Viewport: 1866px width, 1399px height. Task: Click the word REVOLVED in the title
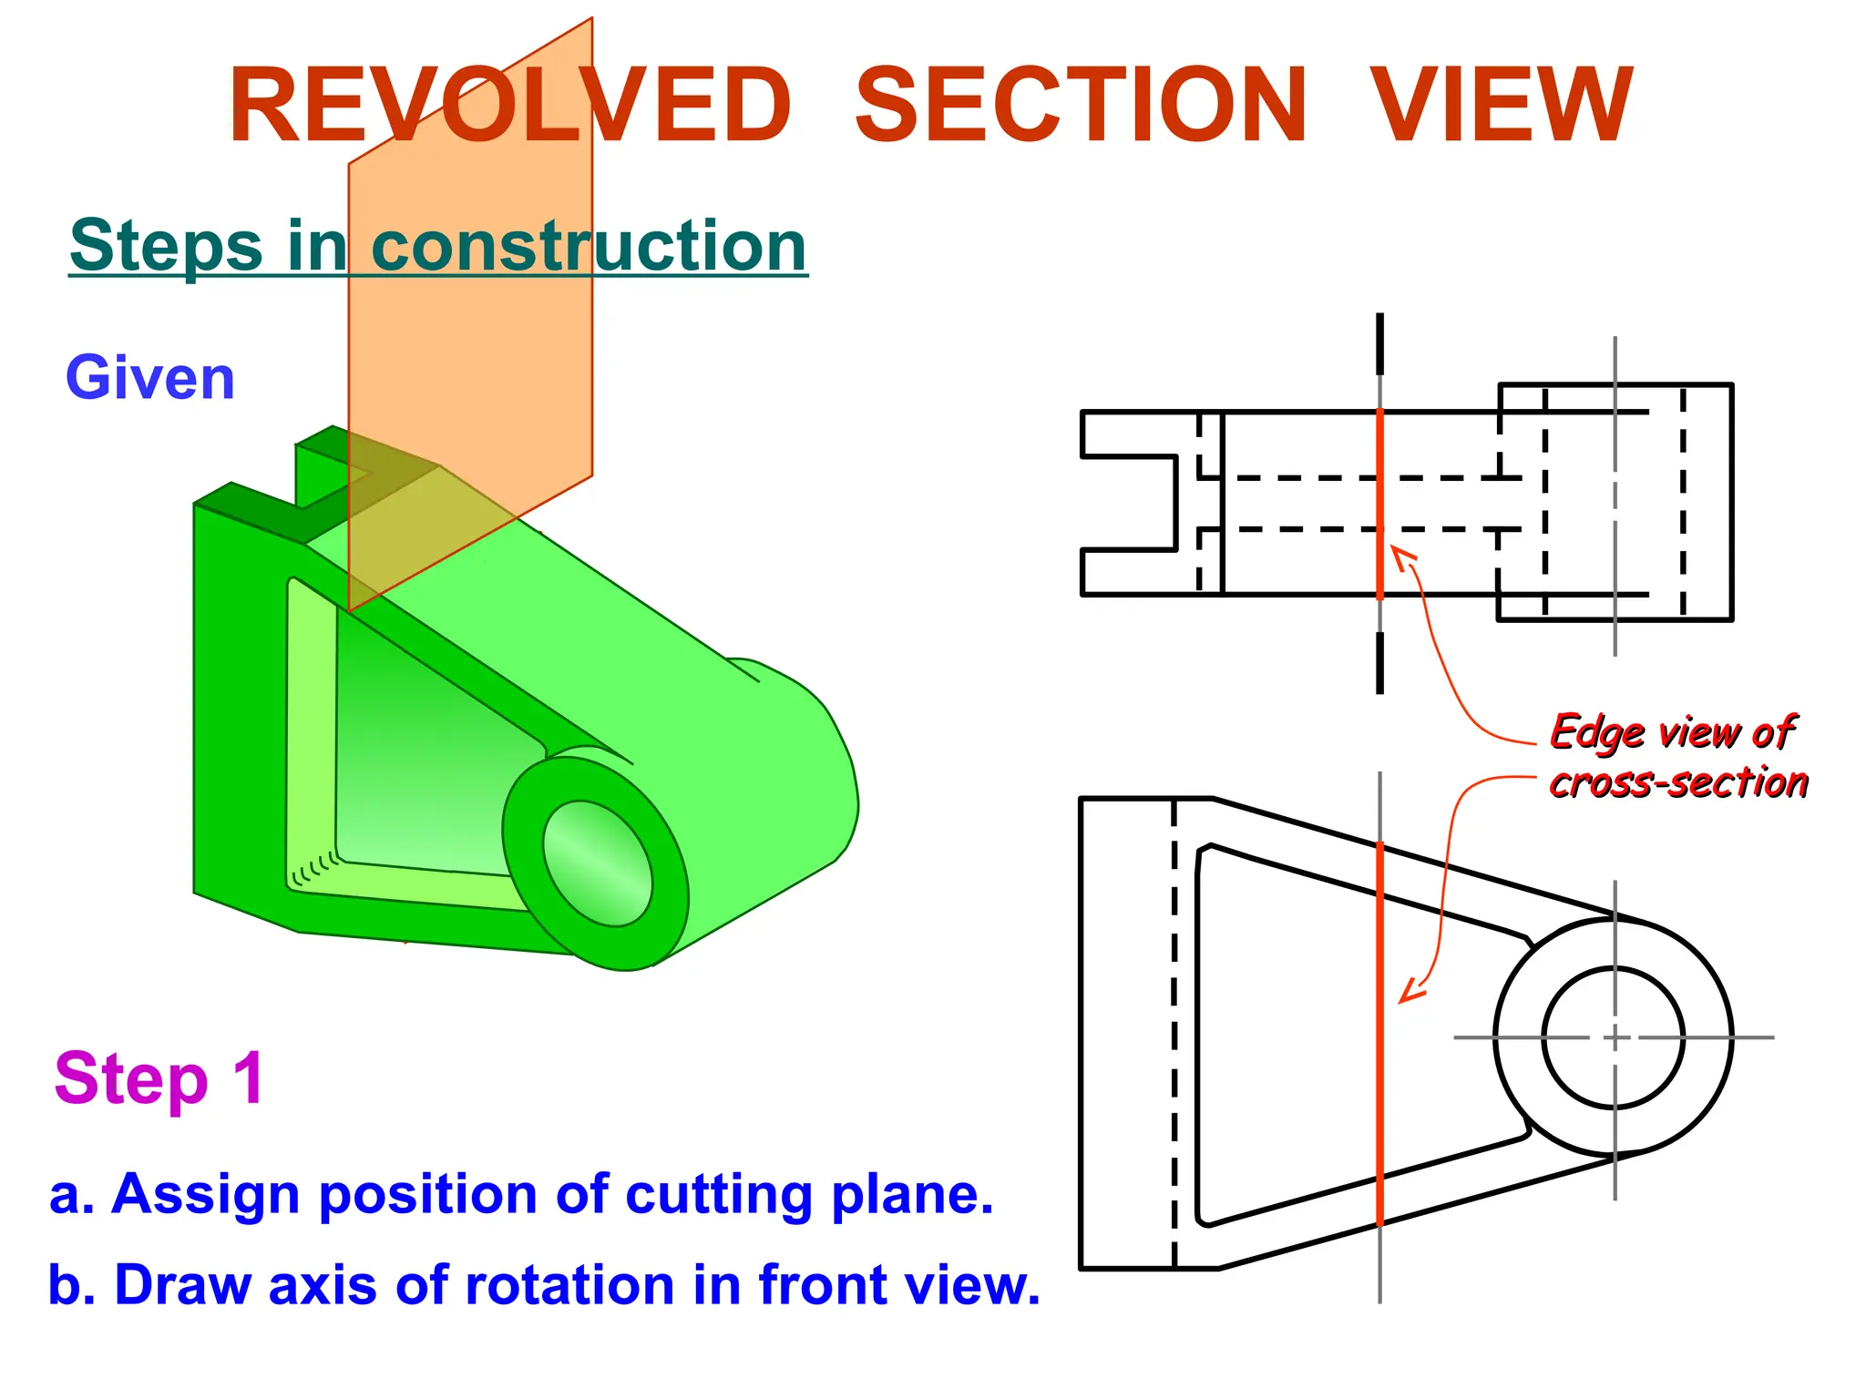click(x=510, y=106)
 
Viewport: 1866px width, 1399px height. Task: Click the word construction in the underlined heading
click(x=589, y=246)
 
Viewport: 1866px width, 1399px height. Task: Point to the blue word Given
click(x=150, y=379)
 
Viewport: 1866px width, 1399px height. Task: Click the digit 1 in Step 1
click(x=248, y=1078)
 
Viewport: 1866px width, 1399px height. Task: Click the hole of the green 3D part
click(x=597, y=862)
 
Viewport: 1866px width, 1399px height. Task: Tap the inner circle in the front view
click(x=1614, y=1037)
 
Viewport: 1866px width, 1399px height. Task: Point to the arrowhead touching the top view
click(x=1400, y=555)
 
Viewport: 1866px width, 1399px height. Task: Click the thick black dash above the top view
click(x=1379, y=343)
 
